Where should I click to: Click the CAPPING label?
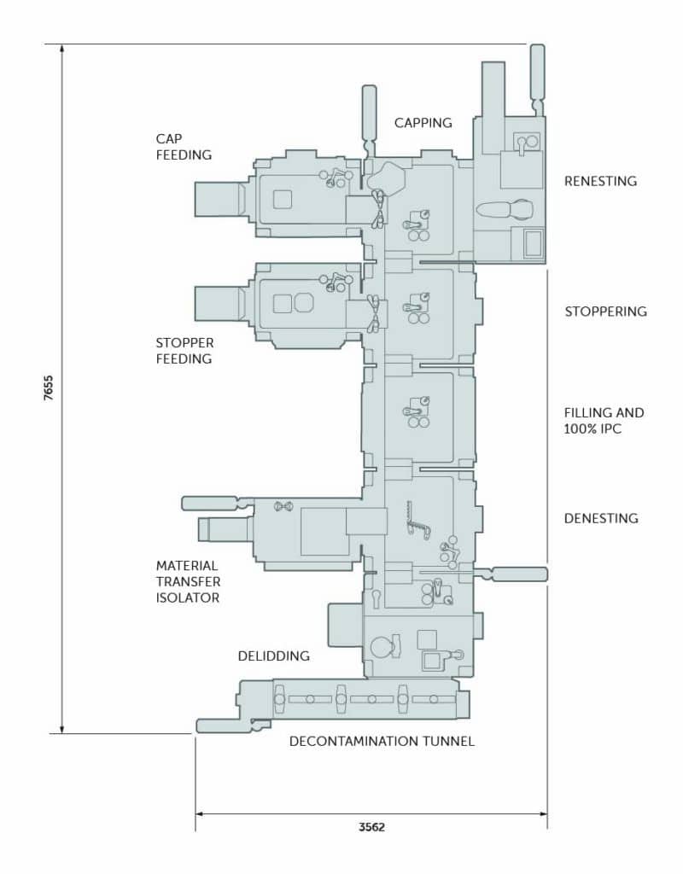pyautogui.click(x=423, y=123)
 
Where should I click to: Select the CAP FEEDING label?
pyautogui.click(x=183, y=146)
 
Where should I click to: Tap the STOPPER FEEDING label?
pyautogui.click(x=184, y=351)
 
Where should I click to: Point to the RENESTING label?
pyautogui.click(x=600, y=181)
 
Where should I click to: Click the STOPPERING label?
pyautogui.click(x=605, y=312)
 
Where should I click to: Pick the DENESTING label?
pyautogui.click(x=601, y=518)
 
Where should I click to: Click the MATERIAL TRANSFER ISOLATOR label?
pyautogui.click(x=188, y=581)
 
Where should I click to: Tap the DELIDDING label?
pyautogui.click(x=273, y=655)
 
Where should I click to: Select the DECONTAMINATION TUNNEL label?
pyautogui.click(x=382, y=742)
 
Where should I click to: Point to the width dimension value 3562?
pyautogui.click(x=371, y=827)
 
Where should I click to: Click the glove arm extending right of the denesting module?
pyautogui.click(x=516, y=574)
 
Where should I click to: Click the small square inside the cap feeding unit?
pyautogui.click(x=281, y=199)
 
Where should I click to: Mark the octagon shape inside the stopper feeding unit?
pyautogui.click(x=304, y=302)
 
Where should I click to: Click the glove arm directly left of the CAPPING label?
pyautogui.click(x=370, y=115)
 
